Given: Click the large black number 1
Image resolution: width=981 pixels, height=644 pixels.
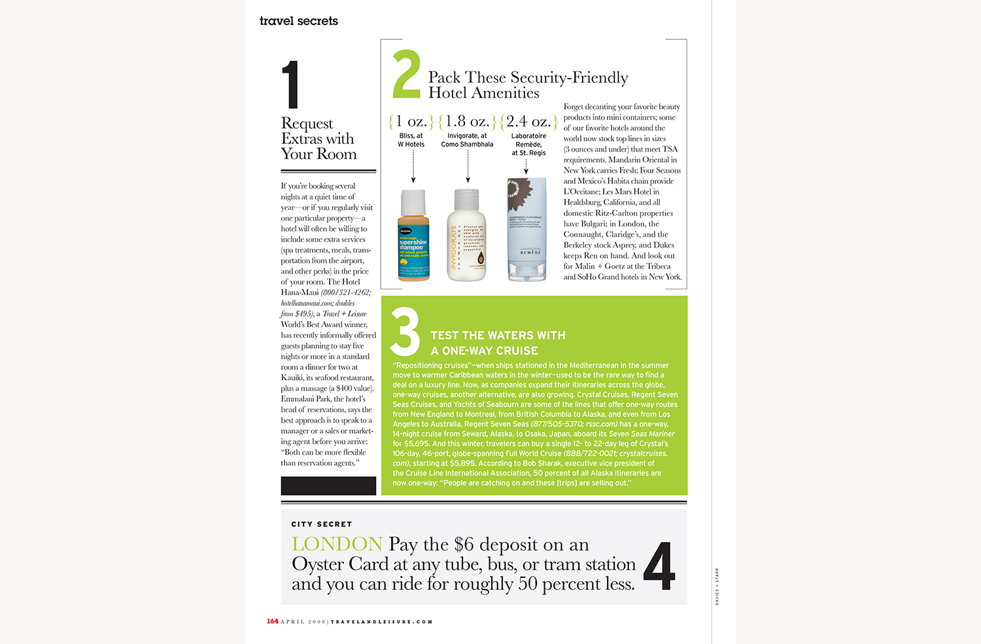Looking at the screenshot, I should click(x=290, y=84).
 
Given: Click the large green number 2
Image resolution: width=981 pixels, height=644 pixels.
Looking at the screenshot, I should click(x=405, y=74).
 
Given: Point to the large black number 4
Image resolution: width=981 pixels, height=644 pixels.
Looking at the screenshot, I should click(x=659, y=566).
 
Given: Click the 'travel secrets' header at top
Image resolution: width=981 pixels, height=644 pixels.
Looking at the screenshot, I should click(x=299, y=21).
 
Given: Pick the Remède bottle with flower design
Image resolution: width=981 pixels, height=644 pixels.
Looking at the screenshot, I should click(x=527, y=229).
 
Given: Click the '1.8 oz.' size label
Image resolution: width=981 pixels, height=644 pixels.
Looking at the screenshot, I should click(x=467, y=122).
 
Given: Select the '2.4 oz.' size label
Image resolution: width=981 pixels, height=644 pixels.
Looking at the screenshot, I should click(x=527, y=122).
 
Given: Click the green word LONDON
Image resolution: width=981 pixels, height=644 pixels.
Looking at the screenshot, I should click(x=337, y=544).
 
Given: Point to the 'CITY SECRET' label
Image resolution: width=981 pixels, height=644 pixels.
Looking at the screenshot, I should click(x=322, y=524).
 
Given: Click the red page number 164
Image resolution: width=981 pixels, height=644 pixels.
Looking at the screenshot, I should click(x=273, y=621).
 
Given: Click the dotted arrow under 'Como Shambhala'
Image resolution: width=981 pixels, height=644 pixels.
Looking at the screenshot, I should click(x=468, y=166).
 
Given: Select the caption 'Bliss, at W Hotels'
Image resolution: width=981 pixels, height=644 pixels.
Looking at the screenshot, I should click(x=411, y=140).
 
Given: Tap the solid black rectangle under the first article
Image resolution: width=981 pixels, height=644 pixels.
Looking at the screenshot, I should click(x=328, y=486).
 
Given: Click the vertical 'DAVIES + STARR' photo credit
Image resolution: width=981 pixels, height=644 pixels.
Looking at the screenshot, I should click(x=717, y=586).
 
